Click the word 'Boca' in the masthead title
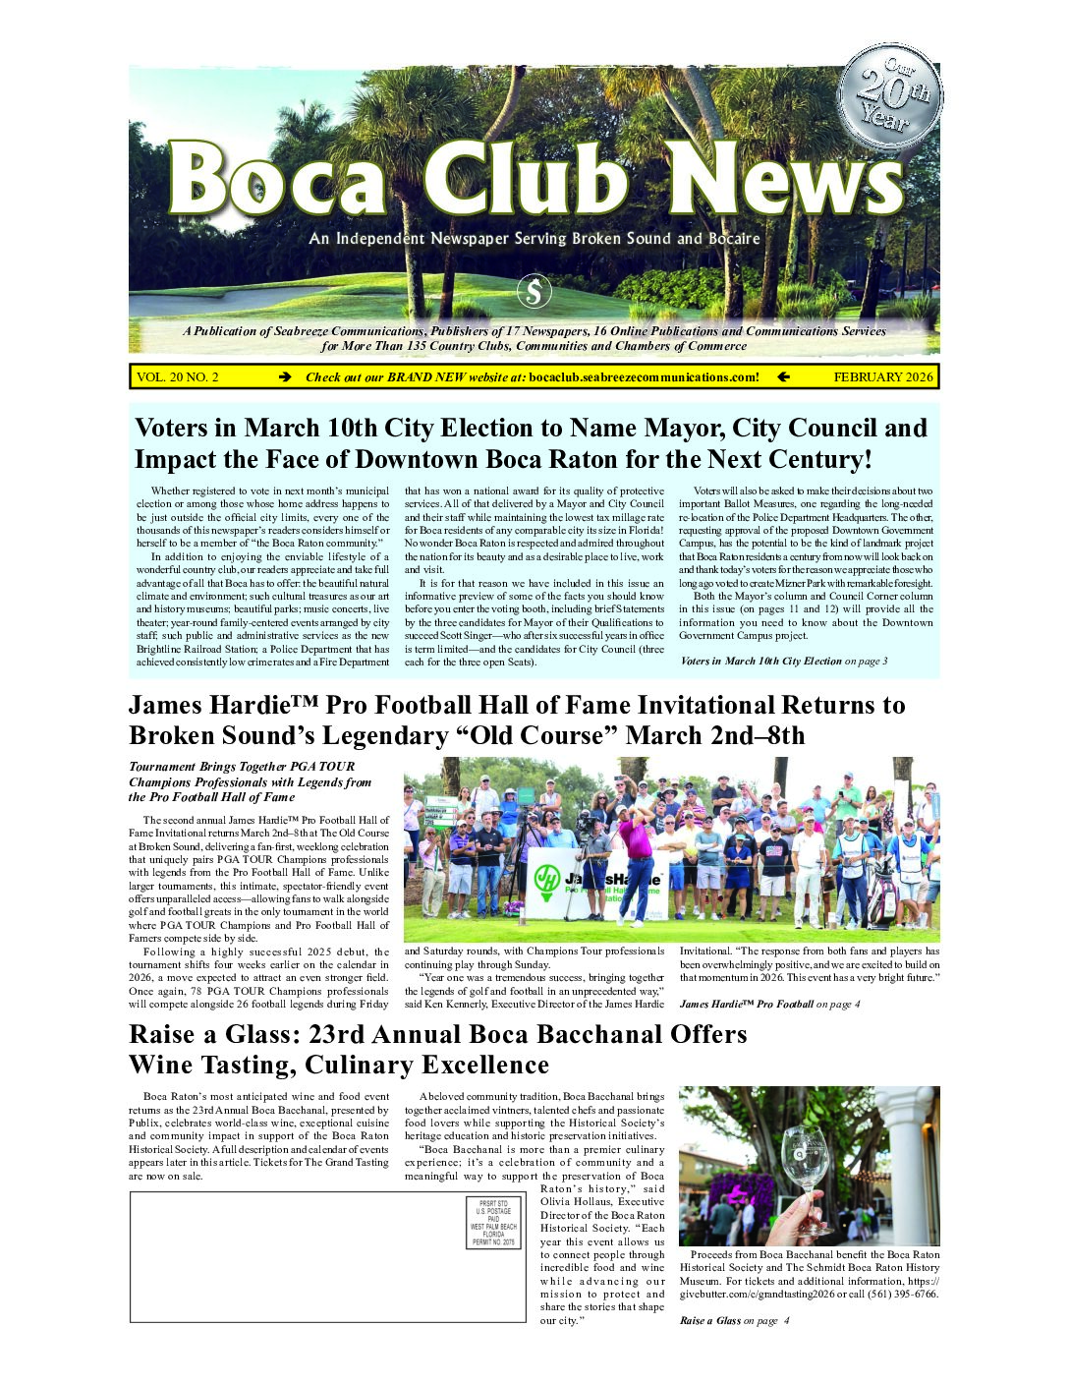[276, 181]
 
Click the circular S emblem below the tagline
[534, 292]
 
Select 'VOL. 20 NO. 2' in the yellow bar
[178, 377]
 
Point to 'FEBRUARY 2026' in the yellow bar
[882, 377]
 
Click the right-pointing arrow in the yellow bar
[285, 377]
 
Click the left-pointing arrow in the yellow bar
[783, 377]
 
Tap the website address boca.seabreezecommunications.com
[644, 377]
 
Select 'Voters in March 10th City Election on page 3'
[783, 662]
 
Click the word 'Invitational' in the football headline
[806, 706]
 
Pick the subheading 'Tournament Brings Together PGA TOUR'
[242, 767]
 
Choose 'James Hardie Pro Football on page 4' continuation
[769, 1005]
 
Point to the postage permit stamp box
[493, 1223]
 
